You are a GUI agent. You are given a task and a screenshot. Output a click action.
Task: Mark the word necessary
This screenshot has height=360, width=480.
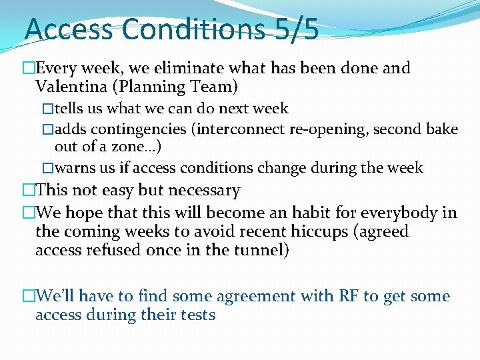point(204,191)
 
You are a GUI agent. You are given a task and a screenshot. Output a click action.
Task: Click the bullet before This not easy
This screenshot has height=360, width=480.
point(28,191)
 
